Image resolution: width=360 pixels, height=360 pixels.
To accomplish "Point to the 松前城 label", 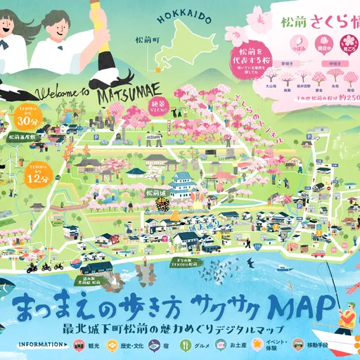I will coord(154,192).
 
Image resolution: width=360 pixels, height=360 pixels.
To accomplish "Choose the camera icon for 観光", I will coord(81,345).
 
